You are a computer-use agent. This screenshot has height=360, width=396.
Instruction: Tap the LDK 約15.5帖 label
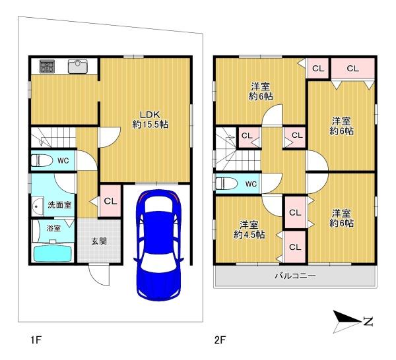click(x=150, y=119)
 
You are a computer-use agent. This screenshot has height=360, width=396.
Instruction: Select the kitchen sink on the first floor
click(x=78, y=67)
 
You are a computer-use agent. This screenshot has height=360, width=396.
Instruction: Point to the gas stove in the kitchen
click(x=47, y=67)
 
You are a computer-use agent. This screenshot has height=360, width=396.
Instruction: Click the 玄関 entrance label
click(x=99, y=241)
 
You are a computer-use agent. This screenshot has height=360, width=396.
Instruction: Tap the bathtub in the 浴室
click(x=53, y=253)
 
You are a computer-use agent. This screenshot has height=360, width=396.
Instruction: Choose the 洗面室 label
click(x=59, y=205)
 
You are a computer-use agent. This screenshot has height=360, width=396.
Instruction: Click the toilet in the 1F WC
click(x=42, y=160)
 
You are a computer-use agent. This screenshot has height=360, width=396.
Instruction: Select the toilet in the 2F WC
click(x=226, y=183)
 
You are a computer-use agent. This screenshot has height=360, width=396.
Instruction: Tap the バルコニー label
click(x=295, y=276)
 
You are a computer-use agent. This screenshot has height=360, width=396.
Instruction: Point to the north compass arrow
click(x=347, y=322)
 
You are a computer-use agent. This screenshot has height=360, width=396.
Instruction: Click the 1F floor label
click(x=36, y=341)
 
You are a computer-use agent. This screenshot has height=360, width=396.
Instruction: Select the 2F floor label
click(x=220, y=341)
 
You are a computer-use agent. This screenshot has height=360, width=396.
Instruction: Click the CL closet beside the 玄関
click(x=110, y=201)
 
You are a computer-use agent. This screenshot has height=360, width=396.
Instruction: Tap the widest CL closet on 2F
click(x=353, y=69)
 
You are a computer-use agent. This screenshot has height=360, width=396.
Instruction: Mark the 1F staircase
click(x=53, y=137)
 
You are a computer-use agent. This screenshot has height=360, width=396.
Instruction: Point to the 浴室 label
click(x=53, y=228)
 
